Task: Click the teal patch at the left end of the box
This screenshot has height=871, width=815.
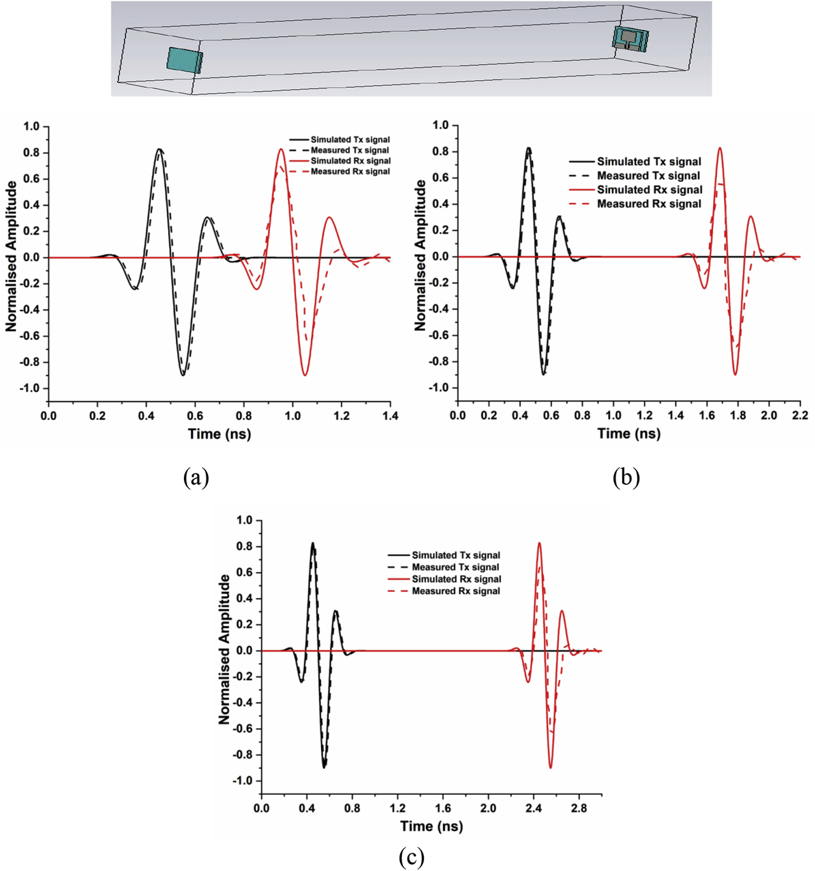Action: pyautogui.click(x=185, y=60)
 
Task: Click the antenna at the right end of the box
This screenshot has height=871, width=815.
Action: pyautogui.click(x=630, y=39)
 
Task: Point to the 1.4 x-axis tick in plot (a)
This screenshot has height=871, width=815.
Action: pyautogui.click(x=390, y=416)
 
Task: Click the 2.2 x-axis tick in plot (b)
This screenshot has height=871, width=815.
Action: pyautogui.click(x=800, y=415)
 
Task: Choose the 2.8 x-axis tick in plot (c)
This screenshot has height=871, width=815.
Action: pyautogui.click(x=579, y=809)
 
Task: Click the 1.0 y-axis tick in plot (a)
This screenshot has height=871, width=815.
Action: pyautogui.click(x=31, y=127)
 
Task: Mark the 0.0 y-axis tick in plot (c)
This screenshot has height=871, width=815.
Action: pyautogui.click(x=244, y=651)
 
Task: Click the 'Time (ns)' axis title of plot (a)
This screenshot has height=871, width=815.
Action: pyautogui.click(x=219, y=435)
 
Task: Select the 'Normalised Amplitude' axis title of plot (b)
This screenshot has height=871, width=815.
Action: pyautogui.click(x=420, y=255)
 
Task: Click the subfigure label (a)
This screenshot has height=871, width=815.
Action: pyautogui.click(x=195, y=477)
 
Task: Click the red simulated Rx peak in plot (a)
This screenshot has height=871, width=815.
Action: pyautogui.click(x=281, y=150)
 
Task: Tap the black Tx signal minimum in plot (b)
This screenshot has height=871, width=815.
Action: pyautogui.click(x=544, y=374)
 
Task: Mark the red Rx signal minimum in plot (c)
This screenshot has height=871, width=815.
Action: pyautogui.click(x=551, y=767)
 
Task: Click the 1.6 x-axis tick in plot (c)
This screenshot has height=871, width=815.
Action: pyautogui.click(x=443, y=809)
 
